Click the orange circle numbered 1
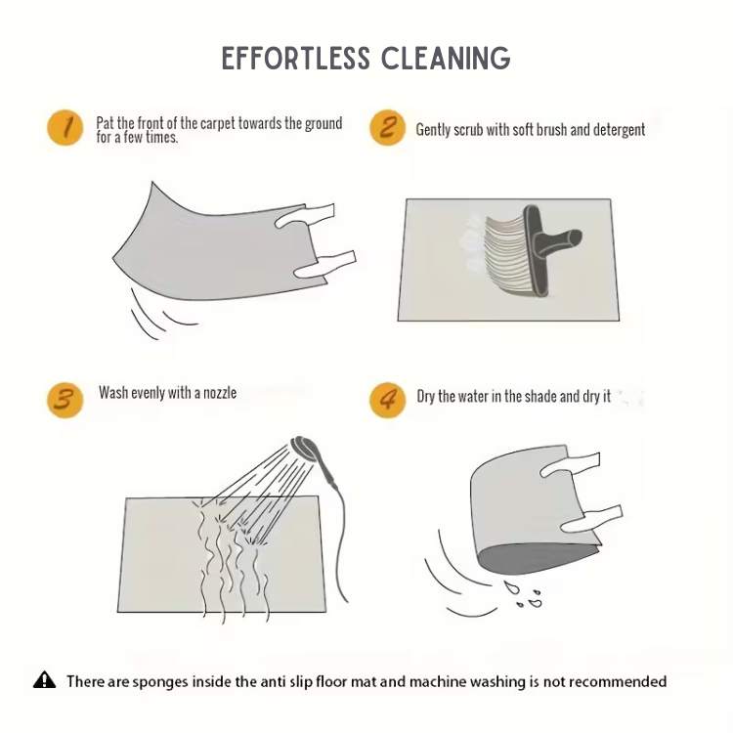click(65, 128)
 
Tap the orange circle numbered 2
click(387, 128)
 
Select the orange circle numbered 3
click(65, 400)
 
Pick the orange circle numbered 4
click(387, 400)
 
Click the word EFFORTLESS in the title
click(296, 59)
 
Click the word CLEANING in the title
click(446, 59)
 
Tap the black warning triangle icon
click(44, 680)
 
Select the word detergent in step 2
click(619, 130)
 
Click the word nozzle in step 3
click(220, 393)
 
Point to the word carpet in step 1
click(217, 123)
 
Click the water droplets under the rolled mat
click(523, 593)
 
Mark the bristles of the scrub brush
click(509, 255)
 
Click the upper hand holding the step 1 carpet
click(304, 216)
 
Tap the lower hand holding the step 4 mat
click(591, 519)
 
